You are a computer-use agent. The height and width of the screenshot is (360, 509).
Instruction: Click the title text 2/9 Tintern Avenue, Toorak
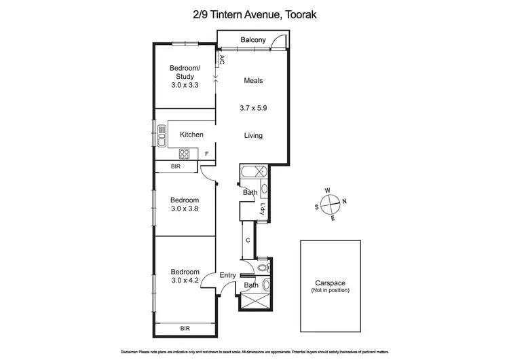click(x=254, y=13)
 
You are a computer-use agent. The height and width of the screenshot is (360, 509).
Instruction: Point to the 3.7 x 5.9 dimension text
click(x=253, y=107)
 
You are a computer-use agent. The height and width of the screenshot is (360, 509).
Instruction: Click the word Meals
click(x=253, y=81)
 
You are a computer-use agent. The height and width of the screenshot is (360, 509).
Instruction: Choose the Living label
click(x=253, y=135)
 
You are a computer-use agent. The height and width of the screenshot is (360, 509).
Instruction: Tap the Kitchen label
click(x=191, y=134)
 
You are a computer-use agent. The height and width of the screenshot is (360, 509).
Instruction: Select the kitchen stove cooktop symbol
click(x=184, y=154)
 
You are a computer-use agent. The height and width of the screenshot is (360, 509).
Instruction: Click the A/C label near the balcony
click(x=221, y=60)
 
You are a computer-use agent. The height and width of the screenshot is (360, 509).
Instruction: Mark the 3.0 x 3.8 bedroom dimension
click(x=185, y=209)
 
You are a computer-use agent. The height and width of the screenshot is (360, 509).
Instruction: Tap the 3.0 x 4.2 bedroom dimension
click(x=185, y=280)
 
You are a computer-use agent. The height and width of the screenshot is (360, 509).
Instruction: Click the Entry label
click(x=227, y=275)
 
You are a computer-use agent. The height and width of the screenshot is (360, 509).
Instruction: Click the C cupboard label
click(x=248, y=240)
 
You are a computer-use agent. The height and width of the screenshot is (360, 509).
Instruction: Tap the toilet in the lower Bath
click(x=266, y=285)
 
